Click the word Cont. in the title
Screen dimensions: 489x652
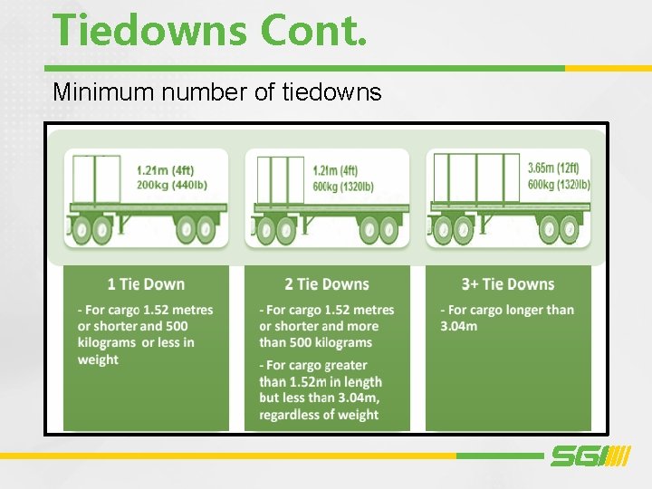(313, 29)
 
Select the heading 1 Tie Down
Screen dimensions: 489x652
(146, 284)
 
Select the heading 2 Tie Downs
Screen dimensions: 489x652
(327, 284)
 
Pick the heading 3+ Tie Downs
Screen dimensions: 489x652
(507, 284)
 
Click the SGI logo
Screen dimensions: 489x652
(589, 456)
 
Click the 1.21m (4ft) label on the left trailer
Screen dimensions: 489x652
(166, 170)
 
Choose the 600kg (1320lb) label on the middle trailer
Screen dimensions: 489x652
(343, 186)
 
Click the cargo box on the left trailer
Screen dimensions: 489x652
(96, 181)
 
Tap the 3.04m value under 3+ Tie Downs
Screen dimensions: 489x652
(459, 326)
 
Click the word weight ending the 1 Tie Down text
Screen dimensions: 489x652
(98, 360)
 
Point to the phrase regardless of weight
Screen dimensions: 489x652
(319, 415)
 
